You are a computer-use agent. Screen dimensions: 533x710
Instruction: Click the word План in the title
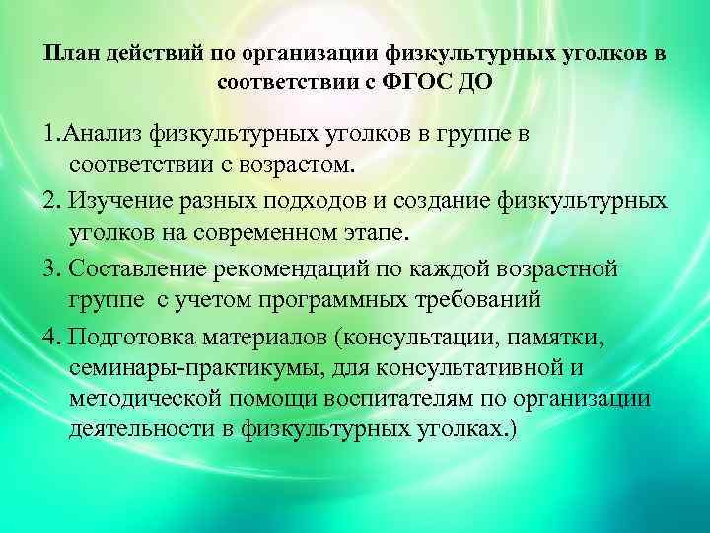click(67, 53)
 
